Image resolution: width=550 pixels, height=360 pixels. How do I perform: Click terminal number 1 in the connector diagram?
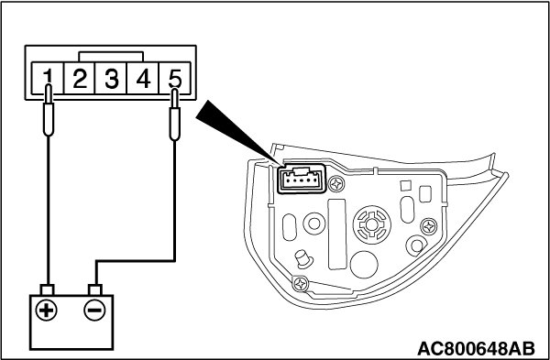click(x=48, y=78)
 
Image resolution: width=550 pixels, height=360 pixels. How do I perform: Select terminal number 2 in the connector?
click(x=79, y=78)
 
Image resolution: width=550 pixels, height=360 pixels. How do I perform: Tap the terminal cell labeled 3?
click(x=111, y=78)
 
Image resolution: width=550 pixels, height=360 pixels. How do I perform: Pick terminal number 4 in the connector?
click(x=143, y=78)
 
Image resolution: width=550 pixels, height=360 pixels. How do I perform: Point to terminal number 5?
click(x=175, y=78)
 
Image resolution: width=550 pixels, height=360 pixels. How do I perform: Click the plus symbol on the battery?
click(x=47, y=311)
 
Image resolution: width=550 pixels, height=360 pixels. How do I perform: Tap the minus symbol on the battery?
click(x=94, y=311)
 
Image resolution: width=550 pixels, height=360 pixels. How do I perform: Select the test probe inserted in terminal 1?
click(x=49, y=110)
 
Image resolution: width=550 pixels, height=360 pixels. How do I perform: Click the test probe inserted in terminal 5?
click(x=174, y=115)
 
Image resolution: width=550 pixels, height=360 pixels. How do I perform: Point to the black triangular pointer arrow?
click(x=238, y=133)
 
